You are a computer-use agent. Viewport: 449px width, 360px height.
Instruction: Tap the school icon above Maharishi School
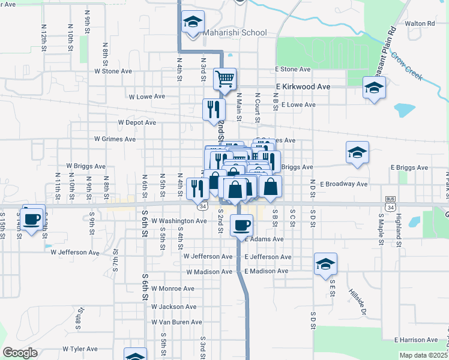(193, 22)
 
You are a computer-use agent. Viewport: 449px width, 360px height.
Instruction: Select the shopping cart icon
(225, 79)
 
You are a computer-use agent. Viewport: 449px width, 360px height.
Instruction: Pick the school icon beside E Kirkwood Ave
(374, 89)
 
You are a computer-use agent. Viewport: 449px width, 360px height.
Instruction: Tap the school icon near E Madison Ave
(325, 264)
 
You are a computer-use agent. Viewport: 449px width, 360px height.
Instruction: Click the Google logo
(20, 353)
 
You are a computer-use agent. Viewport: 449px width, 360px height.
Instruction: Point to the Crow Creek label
(407, 67)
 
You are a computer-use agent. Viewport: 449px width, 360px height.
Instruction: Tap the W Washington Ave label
(179, 221)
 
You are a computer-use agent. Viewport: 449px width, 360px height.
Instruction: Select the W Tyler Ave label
(75, 349)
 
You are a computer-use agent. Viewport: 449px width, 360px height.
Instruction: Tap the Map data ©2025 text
(423, 355)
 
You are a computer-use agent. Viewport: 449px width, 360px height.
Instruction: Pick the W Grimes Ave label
(115, 139)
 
